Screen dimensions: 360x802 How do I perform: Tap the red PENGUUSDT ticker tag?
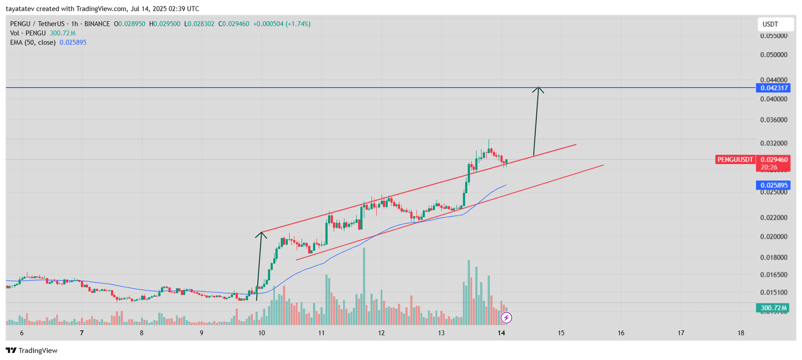[x=735, y=159]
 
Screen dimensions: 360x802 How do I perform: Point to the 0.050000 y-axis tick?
[x=773, y=55]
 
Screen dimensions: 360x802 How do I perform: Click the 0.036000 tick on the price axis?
[x=773, y=120]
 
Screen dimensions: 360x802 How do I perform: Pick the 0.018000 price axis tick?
[x=773, y=257]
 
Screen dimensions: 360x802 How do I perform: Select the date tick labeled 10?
[x=261, y=333]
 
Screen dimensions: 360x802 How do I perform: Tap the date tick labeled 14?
[x=501, y=333]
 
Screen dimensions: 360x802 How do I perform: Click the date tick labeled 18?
[x=741, y=333]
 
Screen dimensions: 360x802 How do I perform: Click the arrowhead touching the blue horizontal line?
[x=538, y=89]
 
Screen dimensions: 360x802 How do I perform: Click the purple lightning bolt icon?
[x=506, y=317]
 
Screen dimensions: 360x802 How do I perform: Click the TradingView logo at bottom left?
[x=32, y=350]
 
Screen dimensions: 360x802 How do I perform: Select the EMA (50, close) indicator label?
[x=33, y=43]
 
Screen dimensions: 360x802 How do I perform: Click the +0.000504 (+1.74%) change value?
[x=281, y=24]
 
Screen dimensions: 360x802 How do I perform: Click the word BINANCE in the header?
[x=97, y=24]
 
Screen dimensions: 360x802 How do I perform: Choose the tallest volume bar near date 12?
[x=364, y=286]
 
